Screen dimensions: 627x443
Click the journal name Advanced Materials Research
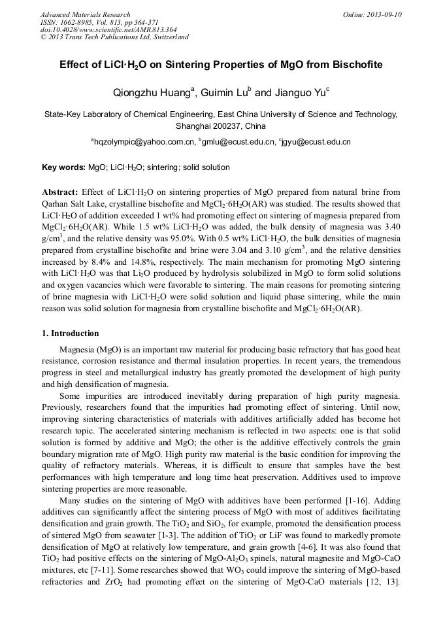[x=86, y=14]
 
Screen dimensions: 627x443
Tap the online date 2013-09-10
[x=380, y=14]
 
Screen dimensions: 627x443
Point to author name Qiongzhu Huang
[x=150, y=93]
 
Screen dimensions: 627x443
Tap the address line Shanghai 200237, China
[x=221, y=126]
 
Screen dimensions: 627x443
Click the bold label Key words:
[x=63, y=167]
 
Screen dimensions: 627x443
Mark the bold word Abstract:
[x=60, y=193]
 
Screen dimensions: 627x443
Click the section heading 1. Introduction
[x=71, y=333]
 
